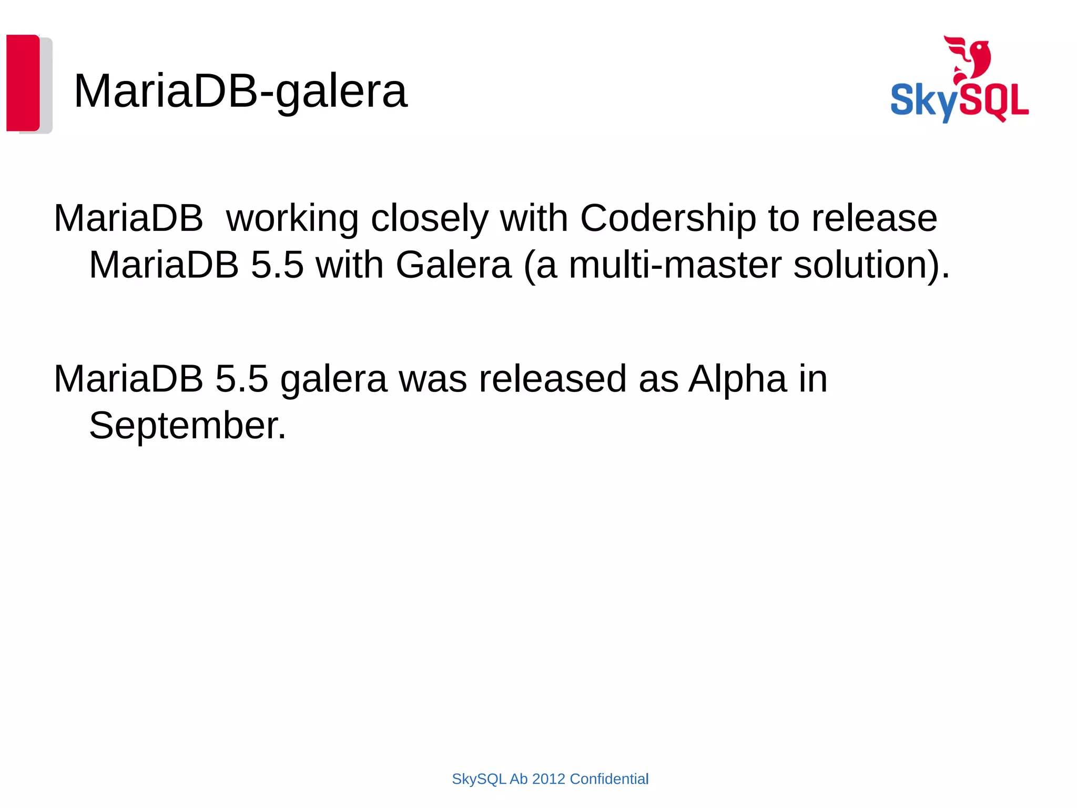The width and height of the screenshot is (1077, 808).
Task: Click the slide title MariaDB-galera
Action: [240, 91]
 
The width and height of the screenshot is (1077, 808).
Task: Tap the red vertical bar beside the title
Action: [23, 83]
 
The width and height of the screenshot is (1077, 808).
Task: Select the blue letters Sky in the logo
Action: [923, 101]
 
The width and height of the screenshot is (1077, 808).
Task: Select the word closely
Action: [430, 218]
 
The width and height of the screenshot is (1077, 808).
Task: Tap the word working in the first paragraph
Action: [292, 218]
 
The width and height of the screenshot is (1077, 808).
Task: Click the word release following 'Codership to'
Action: [874, 218]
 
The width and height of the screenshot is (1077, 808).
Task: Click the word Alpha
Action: [738, 379]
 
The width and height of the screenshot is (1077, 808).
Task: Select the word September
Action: [187, 425]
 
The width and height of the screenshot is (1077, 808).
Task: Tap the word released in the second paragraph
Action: [552, 379]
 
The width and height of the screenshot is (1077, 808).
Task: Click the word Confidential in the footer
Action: [609, 779]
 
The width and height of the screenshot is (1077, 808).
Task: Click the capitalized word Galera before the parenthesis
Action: [453, 265]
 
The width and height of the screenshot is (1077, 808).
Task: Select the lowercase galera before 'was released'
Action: [333, 379]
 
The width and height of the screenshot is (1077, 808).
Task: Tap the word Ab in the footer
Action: [519, 779]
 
